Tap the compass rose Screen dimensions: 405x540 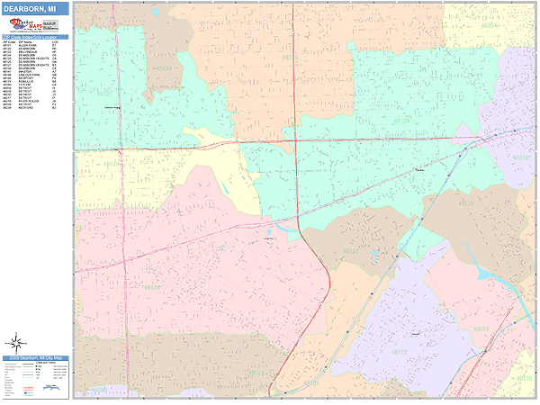(x=16, y=343)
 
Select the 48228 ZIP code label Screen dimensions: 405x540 (x=289, y=58)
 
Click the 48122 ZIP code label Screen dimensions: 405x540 (x=399, y=352)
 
